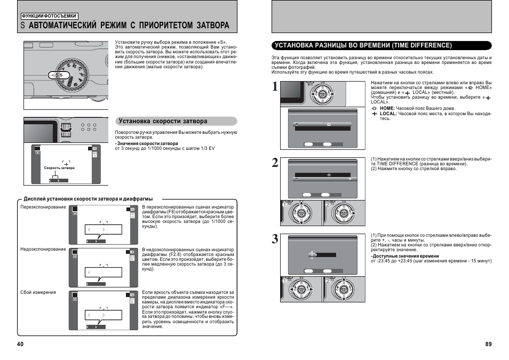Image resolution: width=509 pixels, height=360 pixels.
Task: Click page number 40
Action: coord(20,344)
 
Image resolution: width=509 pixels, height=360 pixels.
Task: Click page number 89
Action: coord(488,344)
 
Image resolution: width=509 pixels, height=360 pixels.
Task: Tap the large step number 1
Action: coord(274,88)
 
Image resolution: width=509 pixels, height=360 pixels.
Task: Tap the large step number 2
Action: coord(274,163)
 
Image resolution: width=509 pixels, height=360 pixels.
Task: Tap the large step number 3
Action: coord(274,239)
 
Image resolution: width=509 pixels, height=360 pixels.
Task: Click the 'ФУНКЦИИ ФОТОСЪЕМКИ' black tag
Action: coord(45,16)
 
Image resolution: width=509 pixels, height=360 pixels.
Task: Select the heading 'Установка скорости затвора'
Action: coord(163,121)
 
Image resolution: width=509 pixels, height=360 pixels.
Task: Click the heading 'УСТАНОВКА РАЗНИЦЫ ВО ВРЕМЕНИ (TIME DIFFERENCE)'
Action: coord(362,46)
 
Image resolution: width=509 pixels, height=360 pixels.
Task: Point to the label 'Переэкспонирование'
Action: coord(43,207)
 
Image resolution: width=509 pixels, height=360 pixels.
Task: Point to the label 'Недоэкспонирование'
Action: coord(43,250)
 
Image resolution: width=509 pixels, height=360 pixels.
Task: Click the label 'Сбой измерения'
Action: coord(38,292)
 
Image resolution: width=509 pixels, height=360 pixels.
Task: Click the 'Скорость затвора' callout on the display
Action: coord(59,168)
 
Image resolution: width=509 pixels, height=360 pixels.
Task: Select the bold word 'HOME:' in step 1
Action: coord(387,108)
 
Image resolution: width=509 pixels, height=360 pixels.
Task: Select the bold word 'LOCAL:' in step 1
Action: coord(388,114)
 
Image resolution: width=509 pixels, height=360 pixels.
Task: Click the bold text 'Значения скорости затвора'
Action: coord(147,143)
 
